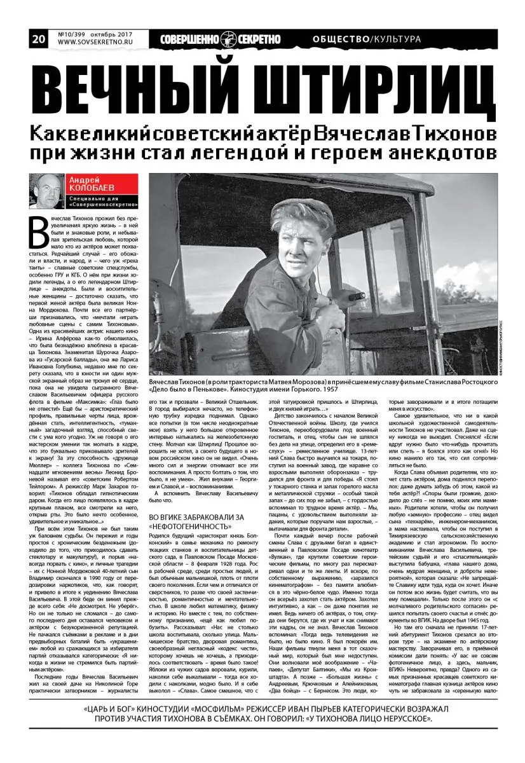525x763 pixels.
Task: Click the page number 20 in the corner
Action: pos(38,39)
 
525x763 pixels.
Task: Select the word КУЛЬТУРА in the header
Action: pos(397,39)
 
